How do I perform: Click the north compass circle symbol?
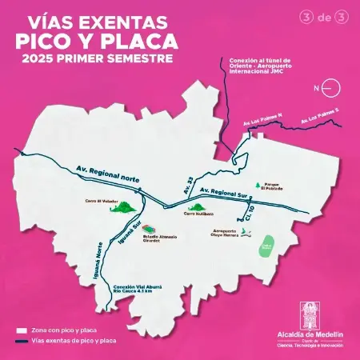point(334,88)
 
